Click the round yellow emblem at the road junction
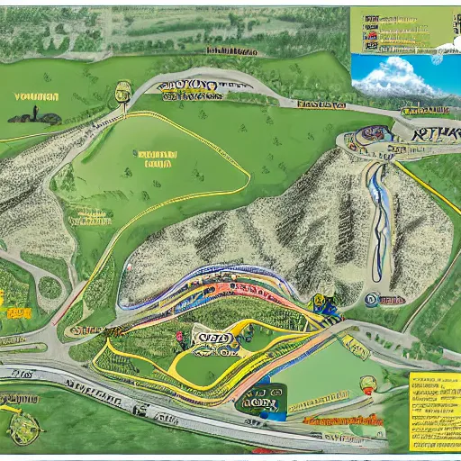(x=123, y=91)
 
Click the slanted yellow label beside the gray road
(x=90, y=216)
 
